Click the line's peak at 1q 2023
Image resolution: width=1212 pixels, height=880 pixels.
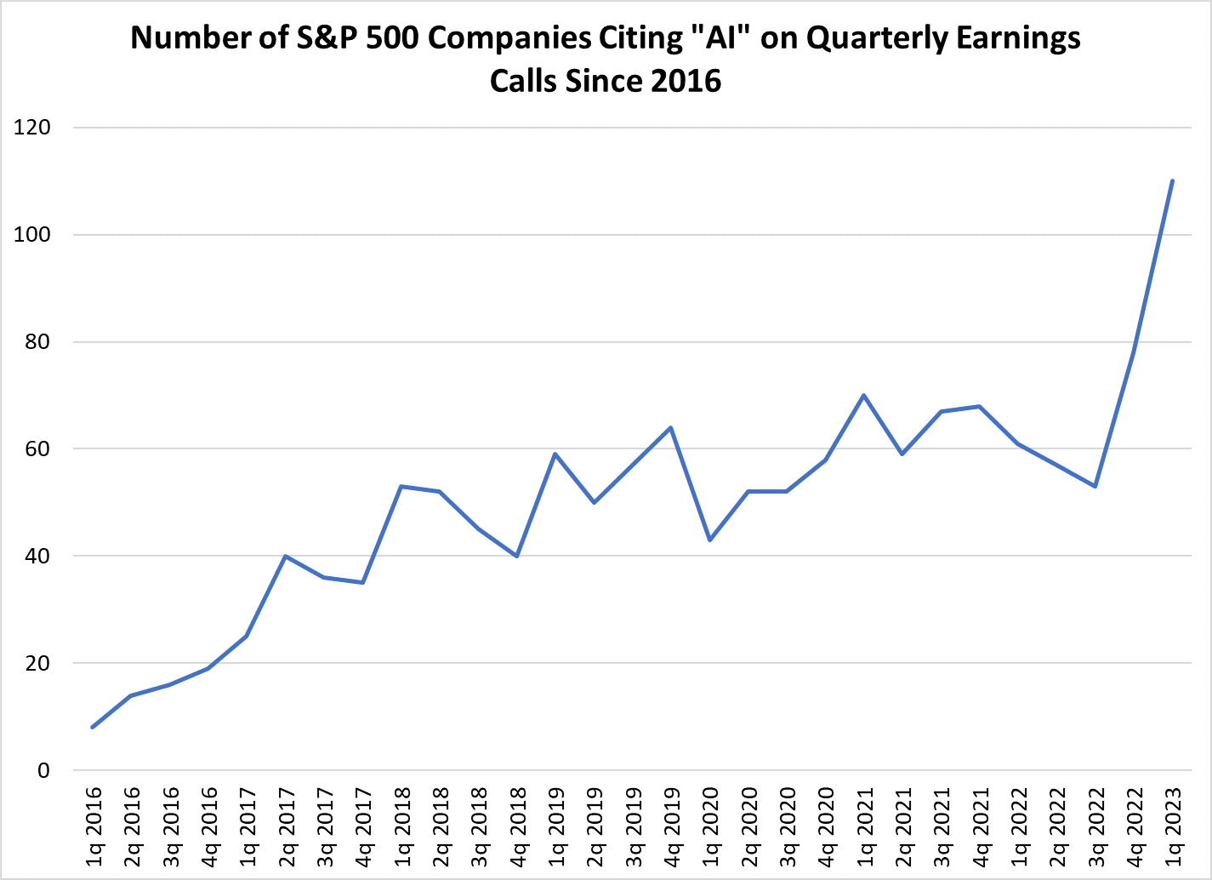1173,180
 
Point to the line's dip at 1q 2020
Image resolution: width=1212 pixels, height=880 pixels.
709,540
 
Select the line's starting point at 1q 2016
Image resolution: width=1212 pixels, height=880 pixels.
92,727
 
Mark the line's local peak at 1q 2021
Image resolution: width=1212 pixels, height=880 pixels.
863,395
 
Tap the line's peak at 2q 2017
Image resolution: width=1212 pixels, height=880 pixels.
285,556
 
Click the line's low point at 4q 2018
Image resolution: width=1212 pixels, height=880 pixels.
516,556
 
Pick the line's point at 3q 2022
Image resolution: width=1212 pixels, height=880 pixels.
1095,486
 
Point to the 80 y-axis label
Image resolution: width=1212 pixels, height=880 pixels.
37,342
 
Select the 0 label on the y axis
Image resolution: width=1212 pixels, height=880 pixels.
43,770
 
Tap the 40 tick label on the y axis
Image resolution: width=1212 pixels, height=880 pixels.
37,556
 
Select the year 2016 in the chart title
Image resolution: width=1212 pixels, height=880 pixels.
686,81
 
